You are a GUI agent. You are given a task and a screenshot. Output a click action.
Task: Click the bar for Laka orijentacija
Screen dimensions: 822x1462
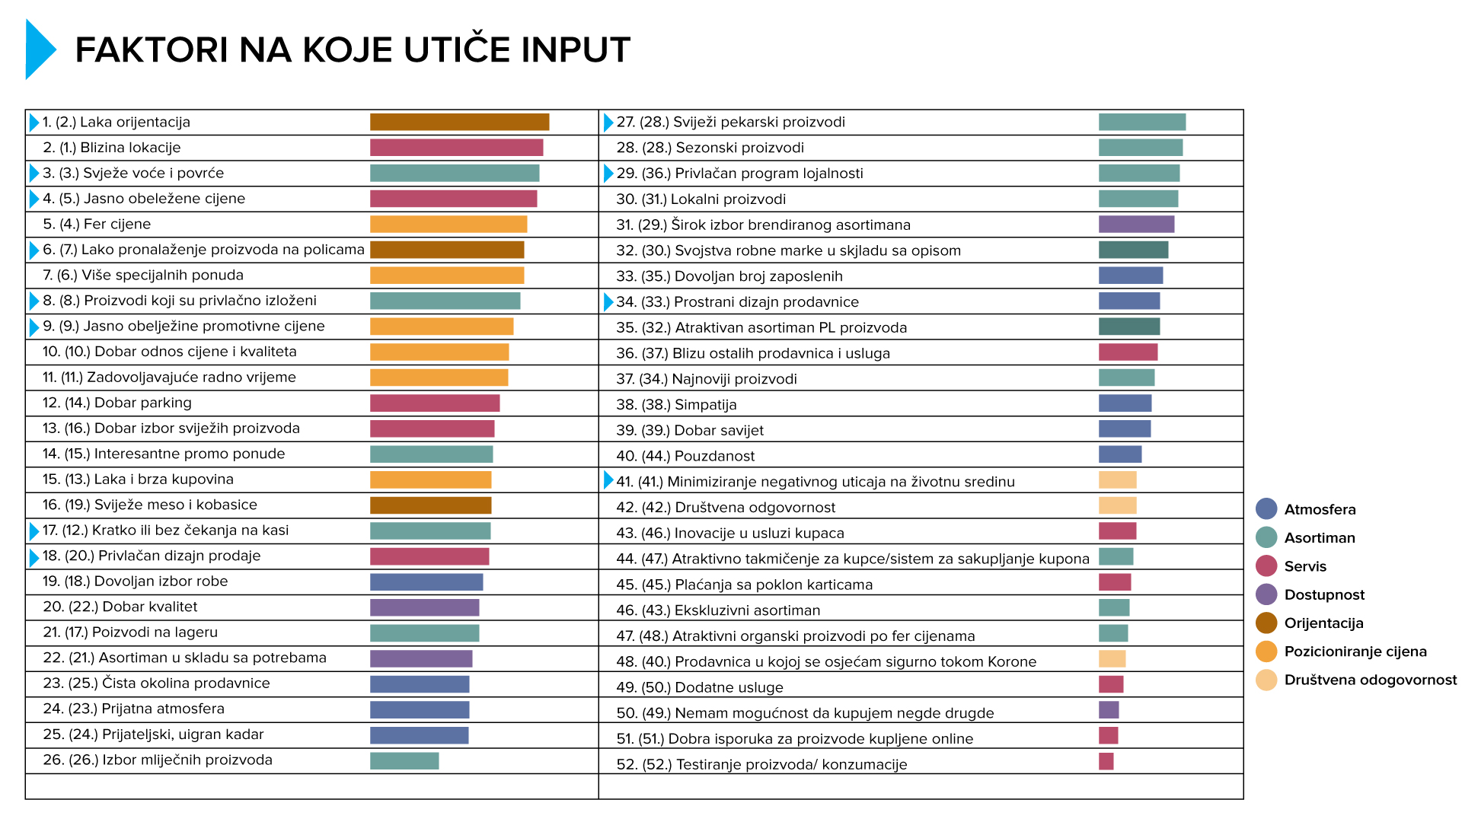click(459, 122)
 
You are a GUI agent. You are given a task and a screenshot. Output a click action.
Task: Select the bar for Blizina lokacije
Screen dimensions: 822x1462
click(456, 148)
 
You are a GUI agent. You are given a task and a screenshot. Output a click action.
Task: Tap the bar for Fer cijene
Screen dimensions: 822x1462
click(448, 224)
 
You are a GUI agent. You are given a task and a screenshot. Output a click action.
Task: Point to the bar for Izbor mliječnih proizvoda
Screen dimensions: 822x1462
click(404, 760)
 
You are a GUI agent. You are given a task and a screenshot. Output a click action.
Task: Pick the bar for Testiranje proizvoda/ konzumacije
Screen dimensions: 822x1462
click(1106, 761)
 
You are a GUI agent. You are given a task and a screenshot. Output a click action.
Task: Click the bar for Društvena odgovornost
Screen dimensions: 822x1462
click(1117, 505)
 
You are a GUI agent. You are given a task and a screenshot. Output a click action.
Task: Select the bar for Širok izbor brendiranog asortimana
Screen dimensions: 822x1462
click(1136, 224)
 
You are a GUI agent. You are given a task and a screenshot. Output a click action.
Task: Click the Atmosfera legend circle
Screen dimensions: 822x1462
click(1266, 509)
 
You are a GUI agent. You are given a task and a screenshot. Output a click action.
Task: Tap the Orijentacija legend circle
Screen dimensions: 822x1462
click(1266, 623)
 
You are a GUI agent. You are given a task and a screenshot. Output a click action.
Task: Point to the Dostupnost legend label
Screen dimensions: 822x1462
click(1323, 594)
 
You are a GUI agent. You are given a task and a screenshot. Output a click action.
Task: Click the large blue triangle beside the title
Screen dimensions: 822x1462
click(40, 49)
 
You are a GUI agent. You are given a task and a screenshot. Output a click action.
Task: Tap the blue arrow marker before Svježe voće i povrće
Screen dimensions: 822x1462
click(34, 173)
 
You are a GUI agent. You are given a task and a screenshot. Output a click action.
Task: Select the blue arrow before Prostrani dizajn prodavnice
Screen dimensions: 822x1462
click(608, 302)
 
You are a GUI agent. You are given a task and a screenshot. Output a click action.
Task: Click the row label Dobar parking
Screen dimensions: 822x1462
click(142, 403)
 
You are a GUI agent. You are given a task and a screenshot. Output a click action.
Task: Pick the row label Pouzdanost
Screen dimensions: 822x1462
click(714, 456)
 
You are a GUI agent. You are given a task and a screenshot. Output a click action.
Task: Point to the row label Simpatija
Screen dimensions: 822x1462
click(705, 404)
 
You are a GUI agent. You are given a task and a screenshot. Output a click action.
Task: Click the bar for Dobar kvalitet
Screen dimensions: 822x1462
click(424, 607)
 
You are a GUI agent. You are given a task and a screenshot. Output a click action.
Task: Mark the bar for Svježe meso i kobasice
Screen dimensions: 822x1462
click(430, 505)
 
